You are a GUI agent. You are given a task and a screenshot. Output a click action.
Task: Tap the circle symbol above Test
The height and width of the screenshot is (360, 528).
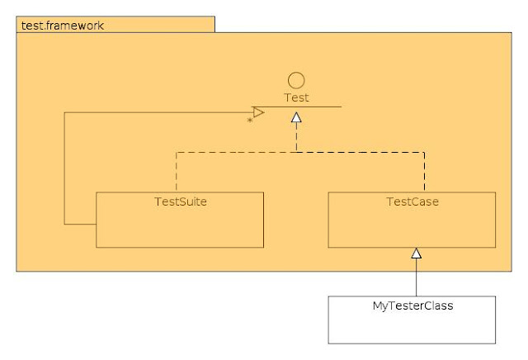click(x=296, y=80)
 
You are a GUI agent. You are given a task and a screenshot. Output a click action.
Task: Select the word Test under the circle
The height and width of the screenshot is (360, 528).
click(x=296, y=97)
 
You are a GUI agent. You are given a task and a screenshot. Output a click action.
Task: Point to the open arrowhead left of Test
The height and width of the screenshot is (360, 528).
click(x=258, y=112)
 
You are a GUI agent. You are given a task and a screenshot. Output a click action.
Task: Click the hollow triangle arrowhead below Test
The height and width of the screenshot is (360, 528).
click(x=296, y=117)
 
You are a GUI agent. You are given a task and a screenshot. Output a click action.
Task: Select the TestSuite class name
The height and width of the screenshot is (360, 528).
click(x=179, y=201)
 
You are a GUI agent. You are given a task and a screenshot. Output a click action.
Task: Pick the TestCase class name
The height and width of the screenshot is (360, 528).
click(x=412, y=201)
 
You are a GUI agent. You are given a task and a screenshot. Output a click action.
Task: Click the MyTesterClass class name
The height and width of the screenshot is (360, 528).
click(x=412, y=306)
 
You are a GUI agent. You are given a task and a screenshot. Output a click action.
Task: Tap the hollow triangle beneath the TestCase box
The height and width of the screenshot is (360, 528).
click(x=417, y=253)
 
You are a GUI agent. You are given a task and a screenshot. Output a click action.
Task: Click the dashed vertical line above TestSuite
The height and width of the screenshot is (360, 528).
click(x=176, y=172)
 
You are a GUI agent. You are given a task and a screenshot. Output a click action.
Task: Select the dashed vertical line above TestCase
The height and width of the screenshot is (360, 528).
click(x=425, y=172)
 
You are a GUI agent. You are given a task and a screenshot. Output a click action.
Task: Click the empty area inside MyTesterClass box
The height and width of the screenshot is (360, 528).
click(x=412, y=329)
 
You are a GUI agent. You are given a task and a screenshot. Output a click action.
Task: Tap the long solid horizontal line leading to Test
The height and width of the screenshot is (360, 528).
click(x=157, y=112)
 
